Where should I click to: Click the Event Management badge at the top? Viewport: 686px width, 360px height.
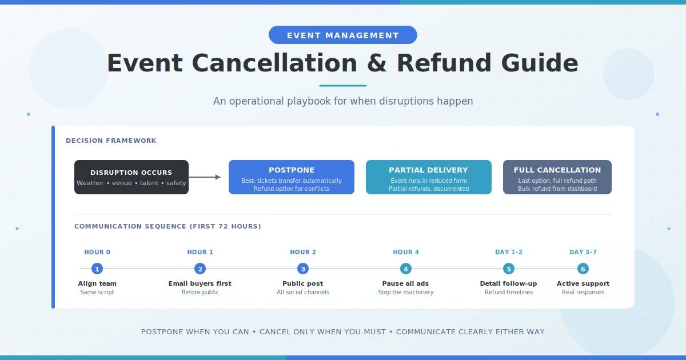point(343,35)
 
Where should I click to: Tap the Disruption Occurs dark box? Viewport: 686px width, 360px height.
point(131,177)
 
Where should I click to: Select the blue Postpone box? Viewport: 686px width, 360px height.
point(292,177)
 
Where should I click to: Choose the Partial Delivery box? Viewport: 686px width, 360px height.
point(429,177)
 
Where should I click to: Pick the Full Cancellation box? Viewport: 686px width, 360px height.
point(557,177)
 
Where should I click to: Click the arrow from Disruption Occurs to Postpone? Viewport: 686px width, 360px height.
point(205,177)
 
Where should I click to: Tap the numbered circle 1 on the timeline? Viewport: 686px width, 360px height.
point(97,269)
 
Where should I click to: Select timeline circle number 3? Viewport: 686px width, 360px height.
point(303,269)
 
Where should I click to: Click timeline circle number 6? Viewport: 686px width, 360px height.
point(583,269)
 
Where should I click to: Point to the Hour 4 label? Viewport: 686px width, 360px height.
point(406,252)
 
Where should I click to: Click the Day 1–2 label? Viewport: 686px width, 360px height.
point(509,252)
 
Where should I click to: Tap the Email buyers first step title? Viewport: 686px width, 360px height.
point(200,283)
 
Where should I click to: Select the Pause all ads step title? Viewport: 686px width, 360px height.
point(406,283)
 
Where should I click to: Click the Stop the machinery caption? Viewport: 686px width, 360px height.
point(406,293)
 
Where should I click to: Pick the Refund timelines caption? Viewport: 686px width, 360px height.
point(509,293)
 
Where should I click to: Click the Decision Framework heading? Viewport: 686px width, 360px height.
point(111,141)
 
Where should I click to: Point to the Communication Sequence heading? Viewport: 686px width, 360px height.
point(167,226)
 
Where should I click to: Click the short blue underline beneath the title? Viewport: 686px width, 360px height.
point(343,86)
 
